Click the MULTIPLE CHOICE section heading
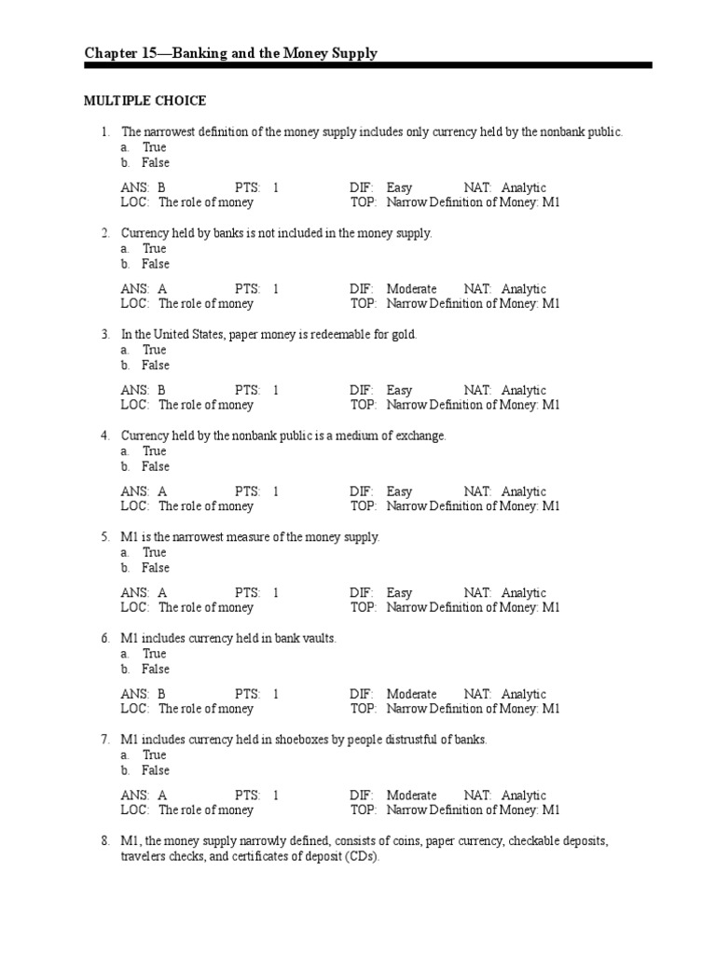click(x=145, y=101)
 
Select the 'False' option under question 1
click(x=155, y=162)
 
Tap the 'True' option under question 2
click(x=154, y=249)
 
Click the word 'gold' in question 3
click(x=402, y=334)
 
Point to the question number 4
click(x=105, y=436)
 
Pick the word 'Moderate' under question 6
click(x=411, y=694)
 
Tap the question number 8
click(x=105, y=841)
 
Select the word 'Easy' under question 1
click(x=399, y=187)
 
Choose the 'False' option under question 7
click(x=155, y=770)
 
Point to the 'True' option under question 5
click(x=154, y=552)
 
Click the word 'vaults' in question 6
click(x=317, y=638)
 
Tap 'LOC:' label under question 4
click(x=135, y=506)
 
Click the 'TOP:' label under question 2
click(x=363, y=303)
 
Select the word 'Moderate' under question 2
click(x=411, y=289)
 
